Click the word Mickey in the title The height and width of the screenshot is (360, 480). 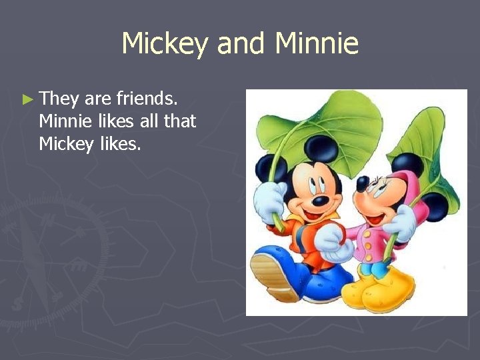(166, 44)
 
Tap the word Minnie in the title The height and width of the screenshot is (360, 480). (317, 44)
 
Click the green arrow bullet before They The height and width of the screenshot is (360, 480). (27, 100)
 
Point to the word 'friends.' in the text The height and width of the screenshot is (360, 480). (147, 100)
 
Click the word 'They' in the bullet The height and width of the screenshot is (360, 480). (59, 100)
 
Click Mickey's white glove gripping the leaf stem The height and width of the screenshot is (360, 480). (271, 199)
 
